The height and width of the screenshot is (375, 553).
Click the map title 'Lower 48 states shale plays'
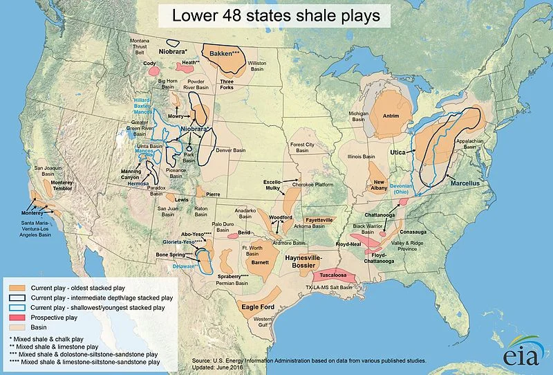point(276,15)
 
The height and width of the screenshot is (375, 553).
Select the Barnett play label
point(261,263)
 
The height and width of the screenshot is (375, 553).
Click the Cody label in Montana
point(149,63)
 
